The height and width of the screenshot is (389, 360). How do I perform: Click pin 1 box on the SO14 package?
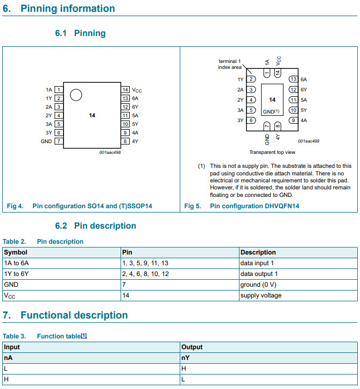pyautogui.click(x=59, y=90)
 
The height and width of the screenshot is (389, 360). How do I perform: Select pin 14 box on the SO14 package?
pyautogui.click(x=125, y=90)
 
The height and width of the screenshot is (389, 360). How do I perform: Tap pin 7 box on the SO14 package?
pyautogui.click(x=59, y=142)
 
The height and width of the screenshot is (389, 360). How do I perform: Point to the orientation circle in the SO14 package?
pyautogui.click(x=75, y=95)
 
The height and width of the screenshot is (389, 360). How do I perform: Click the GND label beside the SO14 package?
pyautogui.click(x=46, y=142)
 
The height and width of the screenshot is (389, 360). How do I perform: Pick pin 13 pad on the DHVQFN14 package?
pyautogui.click(x=293, y=79)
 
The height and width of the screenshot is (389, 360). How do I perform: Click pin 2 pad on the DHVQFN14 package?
pyautogui.click(x=251, y=79)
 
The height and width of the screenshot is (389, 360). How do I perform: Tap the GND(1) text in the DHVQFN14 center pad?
pyautogui.click(x=271, y=111)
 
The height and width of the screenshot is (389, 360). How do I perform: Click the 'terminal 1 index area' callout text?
pyautogui.click(x=230, y=64)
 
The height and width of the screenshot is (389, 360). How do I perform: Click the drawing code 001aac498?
pyautogui.click(x=110, y=152)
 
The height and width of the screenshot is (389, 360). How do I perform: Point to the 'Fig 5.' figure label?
pyautogui.click(x=193, y=206)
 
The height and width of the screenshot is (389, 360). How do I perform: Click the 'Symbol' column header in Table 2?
pyautogui.click(x=16, y=252)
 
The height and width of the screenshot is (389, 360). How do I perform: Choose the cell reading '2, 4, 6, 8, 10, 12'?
pyautogui.click(x=146, y=274)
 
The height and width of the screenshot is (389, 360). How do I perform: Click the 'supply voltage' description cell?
pyautogui.click(x=261, y=295)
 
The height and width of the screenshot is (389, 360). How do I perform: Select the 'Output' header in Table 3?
pyautogui.click(x=192, y=348)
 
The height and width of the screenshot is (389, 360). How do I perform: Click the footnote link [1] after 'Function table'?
pyautogui.click(x=84, y=336)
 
